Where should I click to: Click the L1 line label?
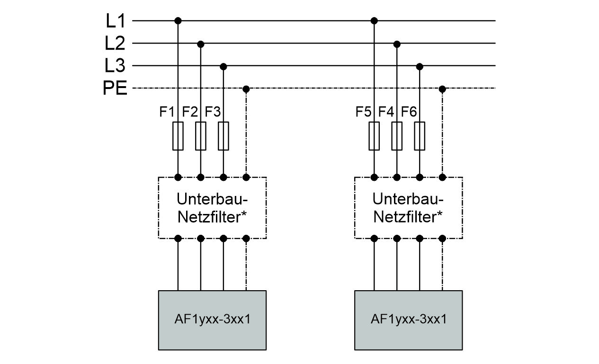click(x=115, y=21)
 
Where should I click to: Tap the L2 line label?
click(x=115, y=44)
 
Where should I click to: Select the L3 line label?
click(x=115, y=66)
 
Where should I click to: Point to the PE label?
click(x=115, y=89)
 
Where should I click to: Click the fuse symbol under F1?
click(x=178, y=136)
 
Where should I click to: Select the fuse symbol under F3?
click(x=224, y=136)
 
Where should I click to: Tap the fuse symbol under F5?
click(x=374, y=136)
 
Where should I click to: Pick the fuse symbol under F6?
click(x=420, y=136)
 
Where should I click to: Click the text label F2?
click(x=190, y=113)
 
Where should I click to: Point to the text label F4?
click(x=386, y=113)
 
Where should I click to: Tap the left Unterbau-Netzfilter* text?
click(x=212, y=207)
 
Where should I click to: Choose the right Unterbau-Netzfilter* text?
click(x=408, y=207)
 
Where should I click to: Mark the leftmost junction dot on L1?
click(x=178, y=21)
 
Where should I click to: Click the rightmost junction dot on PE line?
click(x=442, y=89)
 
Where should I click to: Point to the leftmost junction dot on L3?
click(x=224, y=66)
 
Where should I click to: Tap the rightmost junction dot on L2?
click(x=397, y=44)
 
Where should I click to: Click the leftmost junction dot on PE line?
click(x=246, y=89)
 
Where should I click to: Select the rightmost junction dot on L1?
click(x=374, y=21)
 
